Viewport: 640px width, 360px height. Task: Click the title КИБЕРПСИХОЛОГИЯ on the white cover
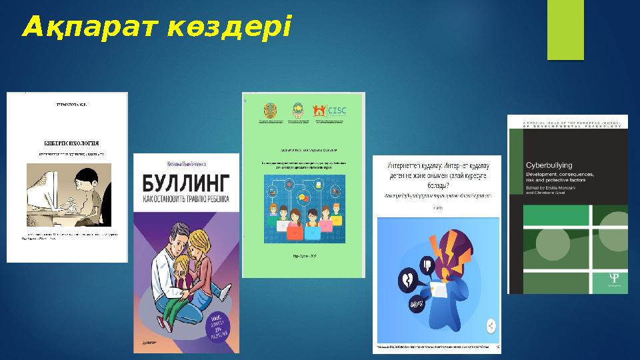(71, 143)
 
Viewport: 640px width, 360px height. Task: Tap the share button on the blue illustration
(490, 326)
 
